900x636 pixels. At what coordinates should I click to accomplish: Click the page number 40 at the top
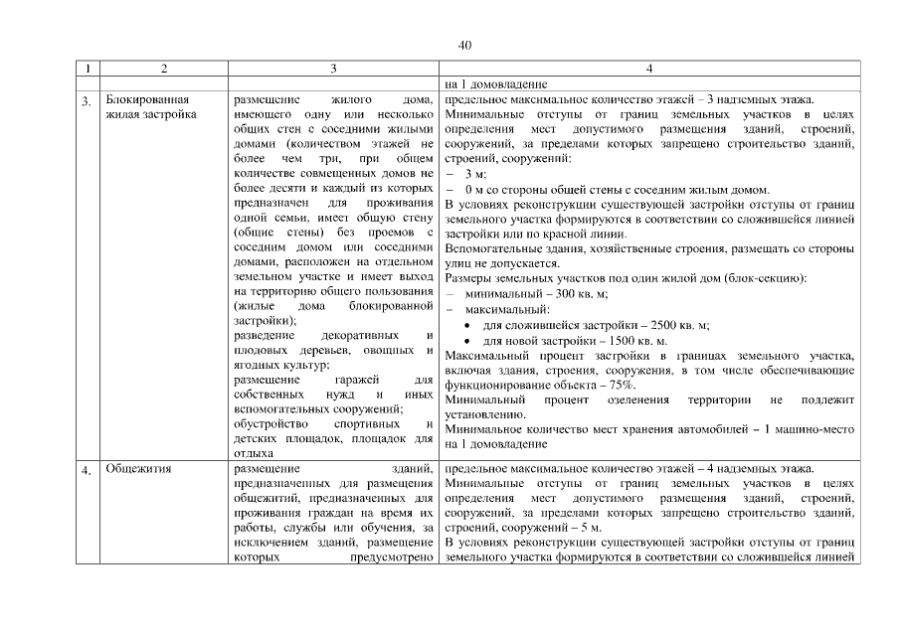[464, 45]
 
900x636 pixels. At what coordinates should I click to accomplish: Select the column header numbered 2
[164, 70]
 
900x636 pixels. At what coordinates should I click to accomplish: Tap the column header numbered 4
[648, 70]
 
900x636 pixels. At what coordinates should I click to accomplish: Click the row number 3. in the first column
[88, 100]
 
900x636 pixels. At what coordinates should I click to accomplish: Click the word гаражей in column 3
[362, 380]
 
